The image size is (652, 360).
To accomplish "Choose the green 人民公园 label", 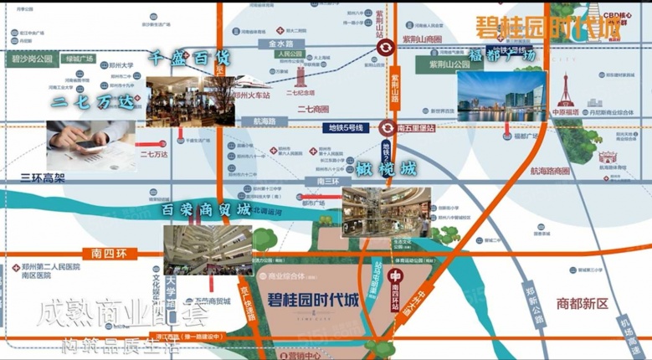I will (289, 54).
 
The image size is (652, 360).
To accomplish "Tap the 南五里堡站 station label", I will (417, 128).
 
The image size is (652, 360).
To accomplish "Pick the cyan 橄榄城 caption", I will (385, 168).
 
